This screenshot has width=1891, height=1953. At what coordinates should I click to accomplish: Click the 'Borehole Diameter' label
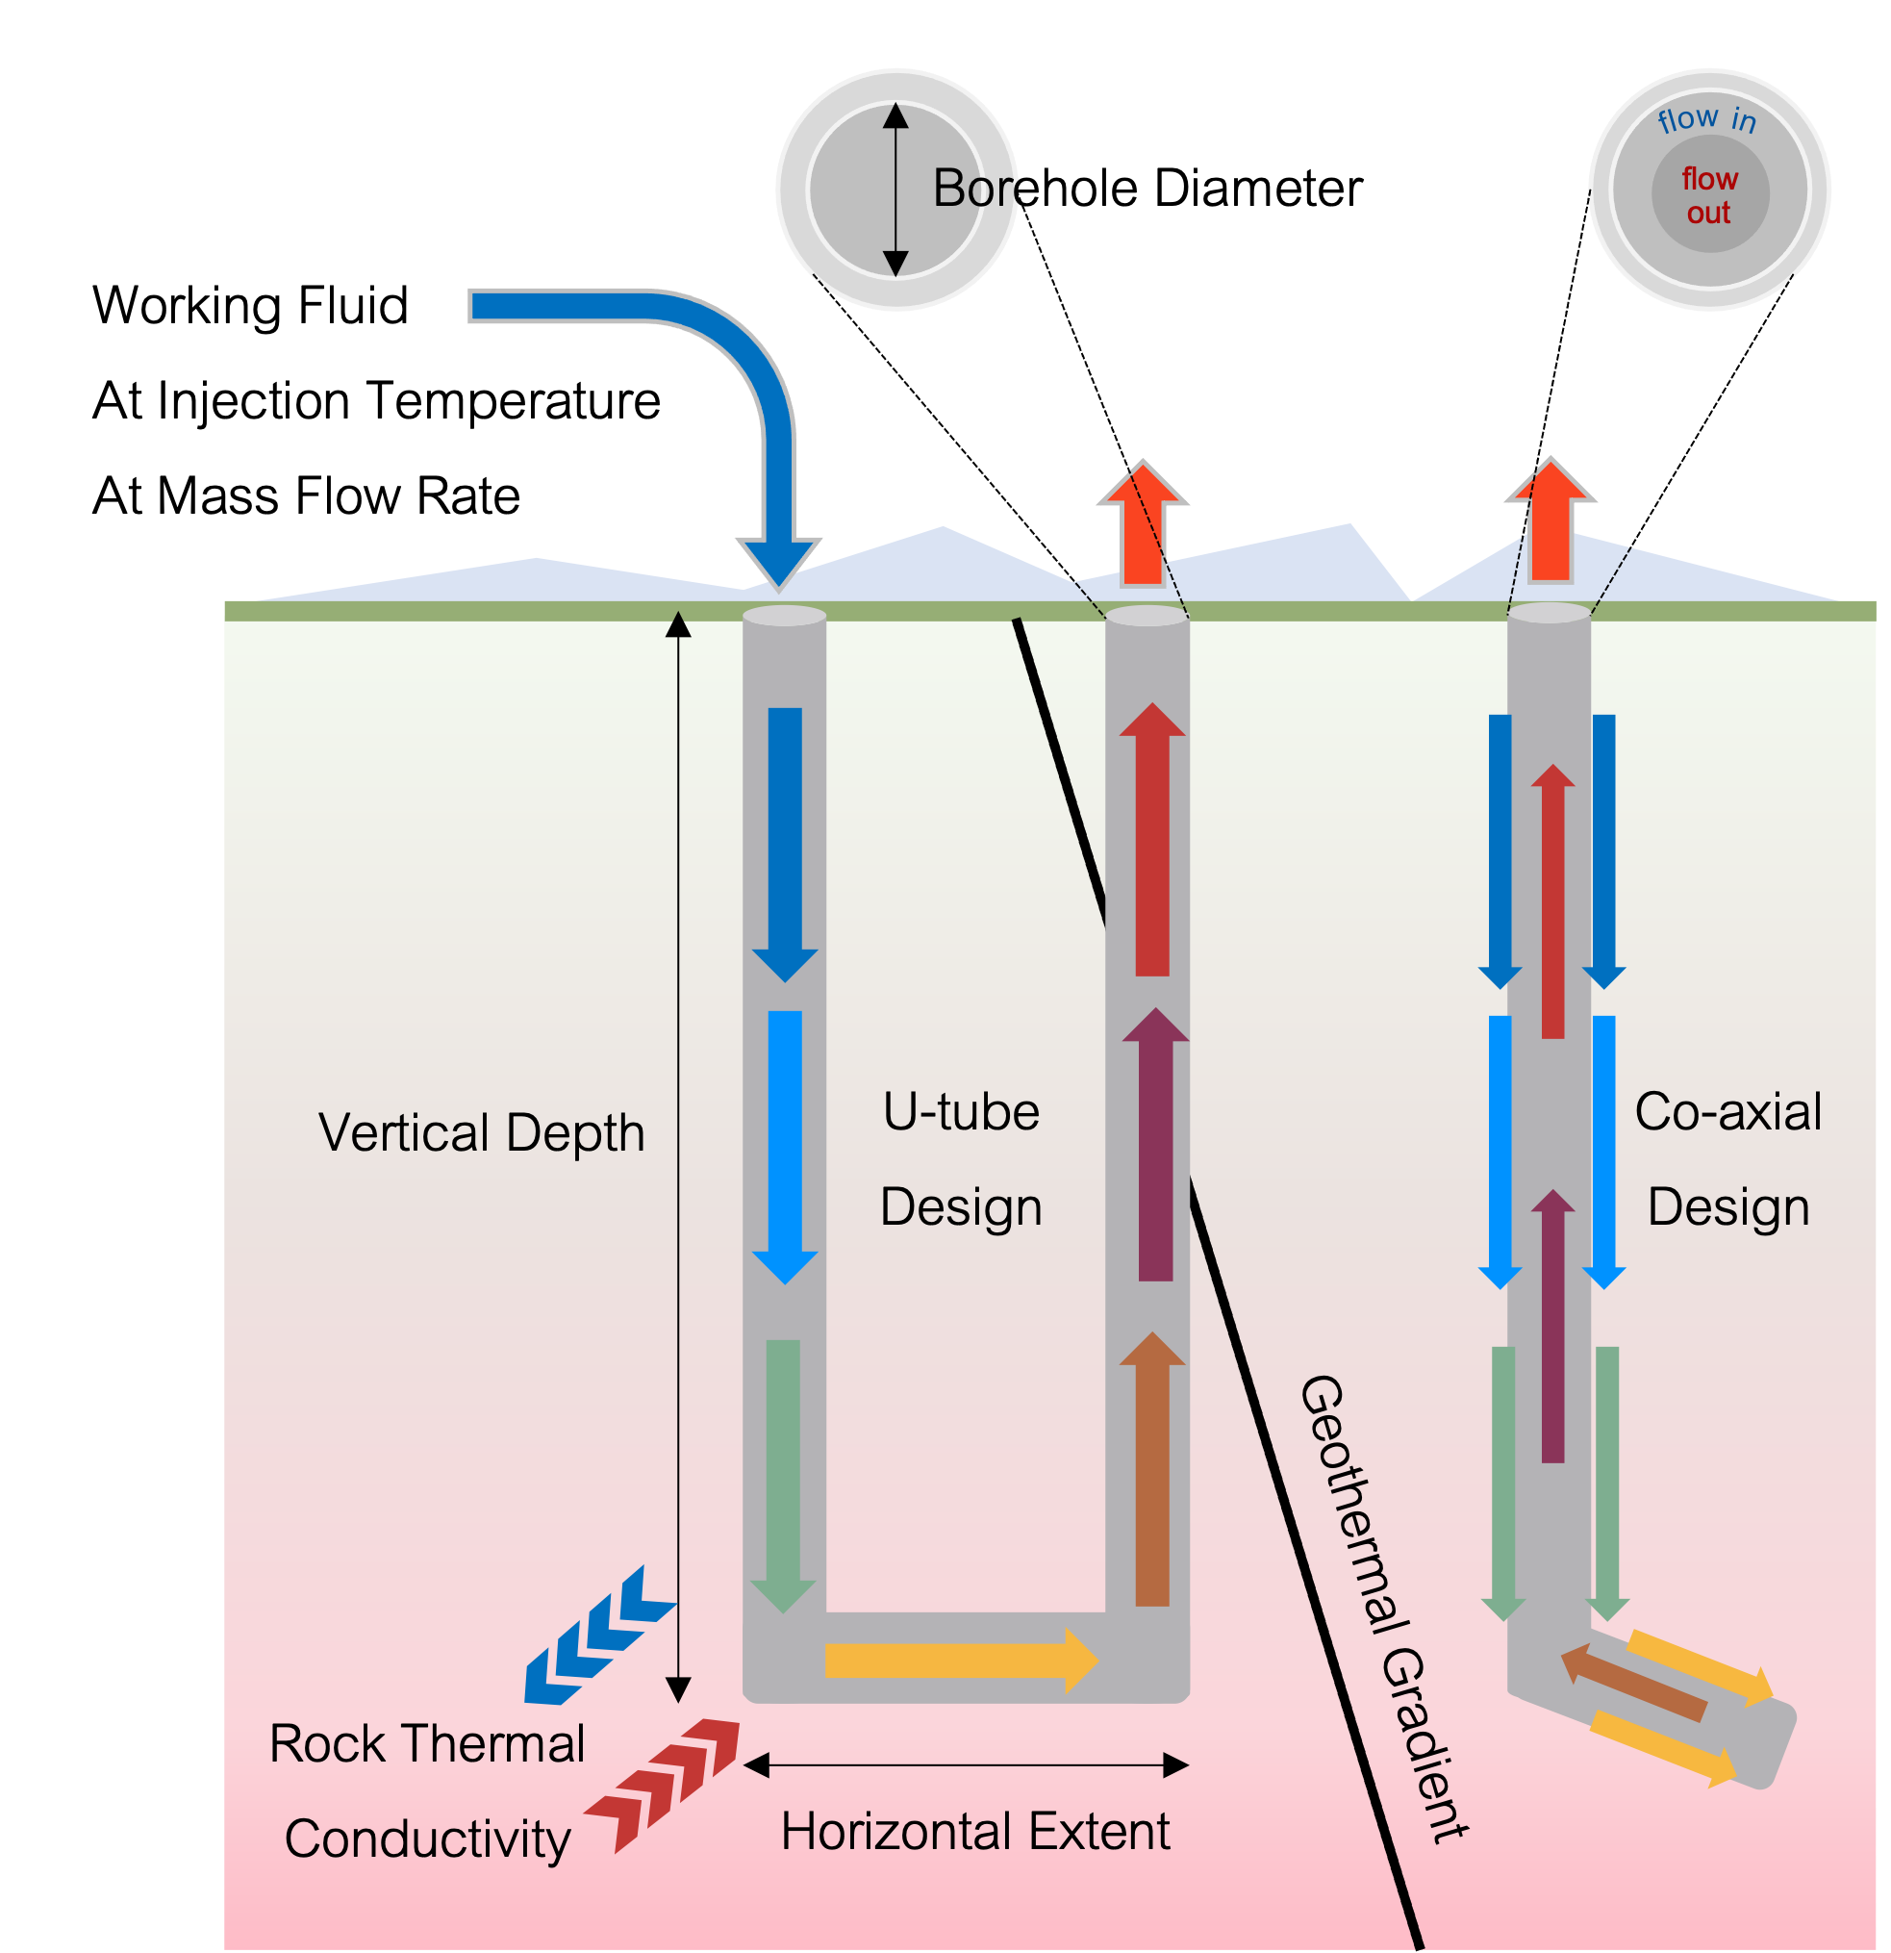1147,189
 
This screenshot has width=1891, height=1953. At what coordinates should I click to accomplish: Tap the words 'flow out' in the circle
1709,195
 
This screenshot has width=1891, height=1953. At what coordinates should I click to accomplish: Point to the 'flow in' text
1705,119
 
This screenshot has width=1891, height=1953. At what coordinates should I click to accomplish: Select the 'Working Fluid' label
250,305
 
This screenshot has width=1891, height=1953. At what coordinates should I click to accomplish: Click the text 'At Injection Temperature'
376,400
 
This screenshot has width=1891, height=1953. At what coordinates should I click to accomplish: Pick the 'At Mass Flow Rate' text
306,495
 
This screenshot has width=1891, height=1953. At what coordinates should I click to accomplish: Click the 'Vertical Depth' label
481,1133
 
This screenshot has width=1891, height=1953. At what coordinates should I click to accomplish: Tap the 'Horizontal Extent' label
974,1832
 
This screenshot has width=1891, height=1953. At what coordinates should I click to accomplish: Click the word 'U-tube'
961,1111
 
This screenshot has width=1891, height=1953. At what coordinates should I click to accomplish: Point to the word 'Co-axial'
1727,1111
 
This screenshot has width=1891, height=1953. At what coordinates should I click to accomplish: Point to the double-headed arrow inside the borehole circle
895,189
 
